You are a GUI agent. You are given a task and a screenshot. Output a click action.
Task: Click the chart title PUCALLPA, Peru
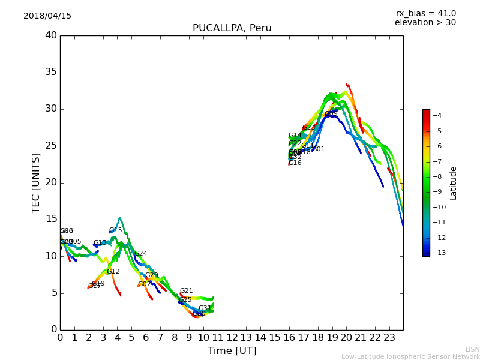coord(232,28)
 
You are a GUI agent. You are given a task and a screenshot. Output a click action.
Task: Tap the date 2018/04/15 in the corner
coord(47,16)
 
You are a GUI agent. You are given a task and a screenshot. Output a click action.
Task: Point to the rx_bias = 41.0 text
coord(425,14)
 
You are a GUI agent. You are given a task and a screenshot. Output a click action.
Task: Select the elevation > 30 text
coord(425,23)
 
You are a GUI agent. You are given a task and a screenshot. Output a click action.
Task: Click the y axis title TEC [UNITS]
coord(36,182)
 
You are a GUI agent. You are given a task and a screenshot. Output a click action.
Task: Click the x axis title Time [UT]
coord(232,351)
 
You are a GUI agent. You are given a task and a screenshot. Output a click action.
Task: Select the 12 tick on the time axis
coord(232,337)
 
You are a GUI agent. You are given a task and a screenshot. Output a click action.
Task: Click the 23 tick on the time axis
coord(389,337)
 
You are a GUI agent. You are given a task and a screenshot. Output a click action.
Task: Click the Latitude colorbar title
coord(454,182)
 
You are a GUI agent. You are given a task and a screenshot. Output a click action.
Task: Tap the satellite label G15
coord(115,230)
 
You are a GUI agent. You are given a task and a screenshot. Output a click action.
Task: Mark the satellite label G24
coord(140,254)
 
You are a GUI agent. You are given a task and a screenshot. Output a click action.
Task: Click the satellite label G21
coord(186,291)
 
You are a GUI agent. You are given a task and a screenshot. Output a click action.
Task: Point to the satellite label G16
coord(295,163)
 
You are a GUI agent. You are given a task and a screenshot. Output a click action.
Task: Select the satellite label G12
coord(113,272)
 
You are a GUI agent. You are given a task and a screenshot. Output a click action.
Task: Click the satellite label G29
coord(151,275)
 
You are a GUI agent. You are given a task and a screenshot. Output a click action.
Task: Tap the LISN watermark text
coord(472,349)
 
